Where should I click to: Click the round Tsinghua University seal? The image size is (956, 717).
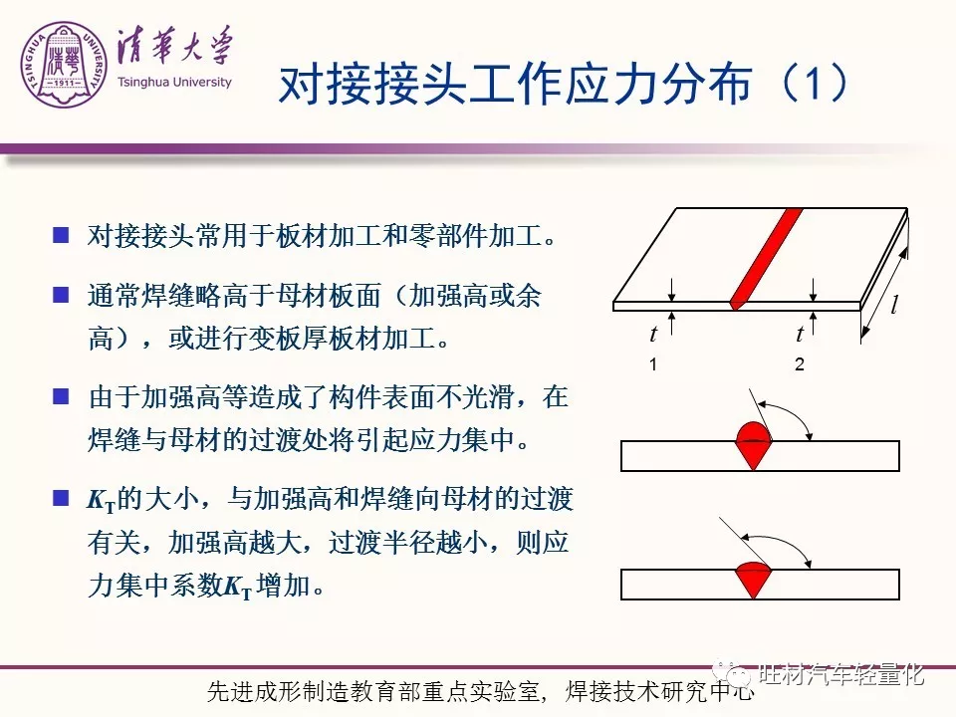tap(64, 65)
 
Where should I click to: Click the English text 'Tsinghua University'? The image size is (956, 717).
tap(174, 83)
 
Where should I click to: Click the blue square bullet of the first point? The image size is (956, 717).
tap(61, 235)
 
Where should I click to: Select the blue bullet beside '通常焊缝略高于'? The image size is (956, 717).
tap(61, 295)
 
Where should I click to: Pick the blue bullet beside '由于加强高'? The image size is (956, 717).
tap(61, 397)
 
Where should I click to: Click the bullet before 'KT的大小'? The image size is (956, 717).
tap(61, 498)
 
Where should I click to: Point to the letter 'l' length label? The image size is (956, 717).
tap(894, 304)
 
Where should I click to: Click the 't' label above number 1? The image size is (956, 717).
tap(653, 334)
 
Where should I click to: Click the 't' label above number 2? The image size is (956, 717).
tap(800, 334)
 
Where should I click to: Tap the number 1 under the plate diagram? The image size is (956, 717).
tap(653, 364)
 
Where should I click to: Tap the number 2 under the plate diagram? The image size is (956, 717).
tap(800, 364)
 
